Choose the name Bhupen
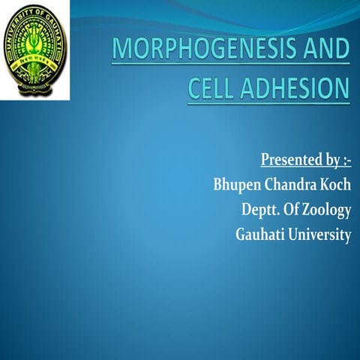[x=217, y=185]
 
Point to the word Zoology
[x=323, y=211]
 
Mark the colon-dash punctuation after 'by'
[x=346, y=160]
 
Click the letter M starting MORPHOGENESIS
[x=121, y=52]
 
